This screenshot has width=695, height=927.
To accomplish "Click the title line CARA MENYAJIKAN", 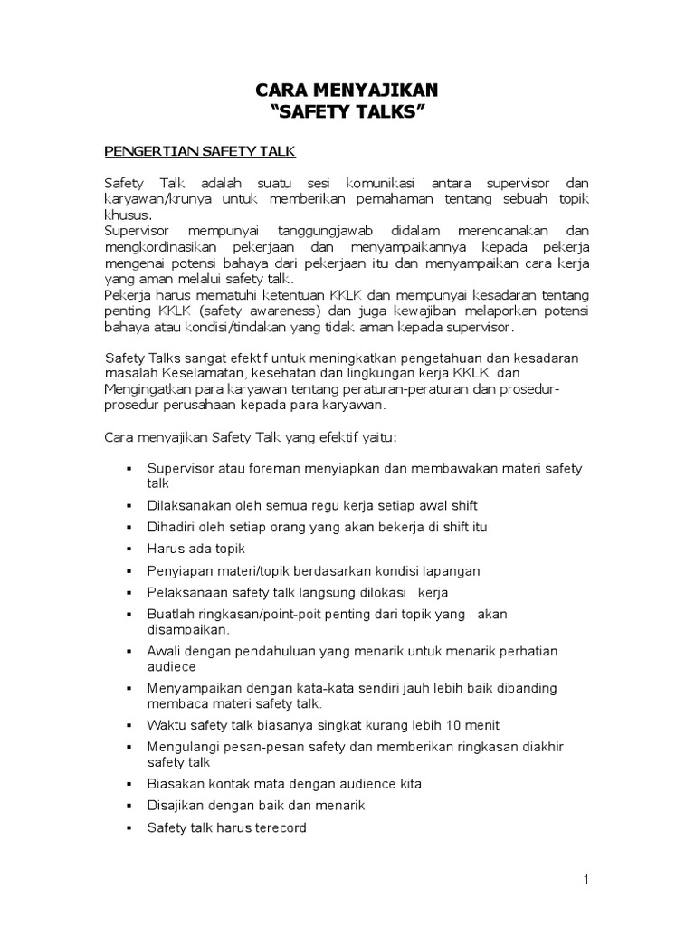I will point(347,90).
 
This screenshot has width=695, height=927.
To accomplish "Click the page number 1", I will point(586,879).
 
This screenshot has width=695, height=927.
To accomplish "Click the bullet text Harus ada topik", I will point(195,549).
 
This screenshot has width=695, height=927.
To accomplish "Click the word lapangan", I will point(448,570).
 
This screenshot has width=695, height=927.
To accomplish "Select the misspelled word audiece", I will point(171,666).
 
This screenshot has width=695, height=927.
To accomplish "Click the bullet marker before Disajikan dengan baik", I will point(129,805).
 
